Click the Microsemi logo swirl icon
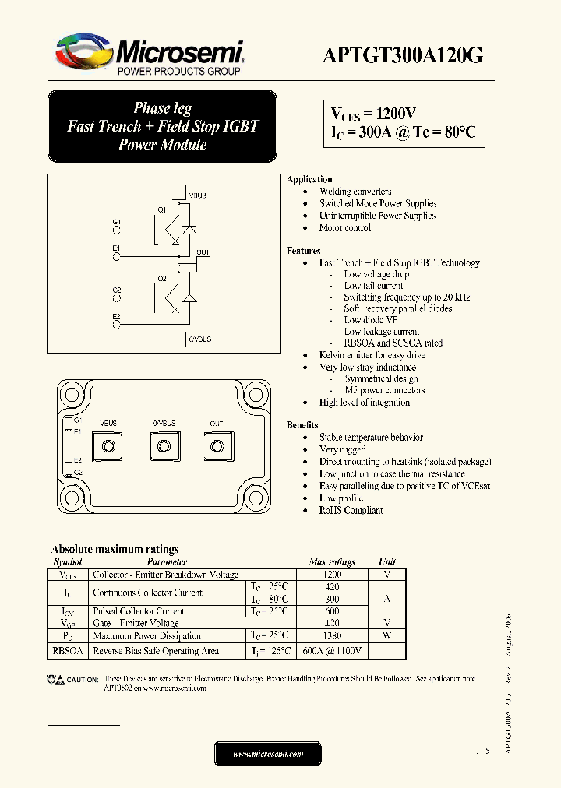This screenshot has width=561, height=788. (x=84, y=52)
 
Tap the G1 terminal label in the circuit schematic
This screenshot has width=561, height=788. (x=117, y=222)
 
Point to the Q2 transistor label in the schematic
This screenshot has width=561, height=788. (x=162, y=278)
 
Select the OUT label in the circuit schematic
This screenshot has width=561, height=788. (x=203, y=252)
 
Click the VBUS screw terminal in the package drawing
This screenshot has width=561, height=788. (x=109, y=446)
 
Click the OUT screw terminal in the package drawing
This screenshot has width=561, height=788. (x=216, y=446)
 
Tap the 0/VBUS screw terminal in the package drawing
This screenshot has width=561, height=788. (x=164, y=446)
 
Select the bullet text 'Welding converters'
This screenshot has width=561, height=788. (x=355, y=192)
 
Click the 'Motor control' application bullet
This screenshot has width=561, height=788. (x=345, y=228)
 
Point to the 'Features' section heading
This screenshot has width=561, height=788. (x=304, y=251)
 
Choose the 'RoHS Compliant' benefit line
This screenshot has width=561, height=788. (x=351, y=511)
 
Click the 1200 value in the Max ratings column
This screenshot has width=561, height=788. (x=331, y=575)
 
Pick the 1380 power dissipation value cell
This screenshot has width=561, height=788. (x=331, y=636)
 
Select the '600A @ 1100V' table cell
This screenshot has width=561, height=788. (x=331, y=651)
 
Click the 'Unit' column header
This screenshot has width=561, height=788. (x=387, y=561)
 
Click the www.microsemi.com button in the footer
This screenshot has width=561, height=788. (x=267, y=754)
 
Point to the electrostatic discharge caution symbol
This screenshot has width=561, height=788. (x=56, y=680)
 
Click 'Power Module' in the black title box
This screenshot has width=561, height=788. (x=162, y=145)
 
